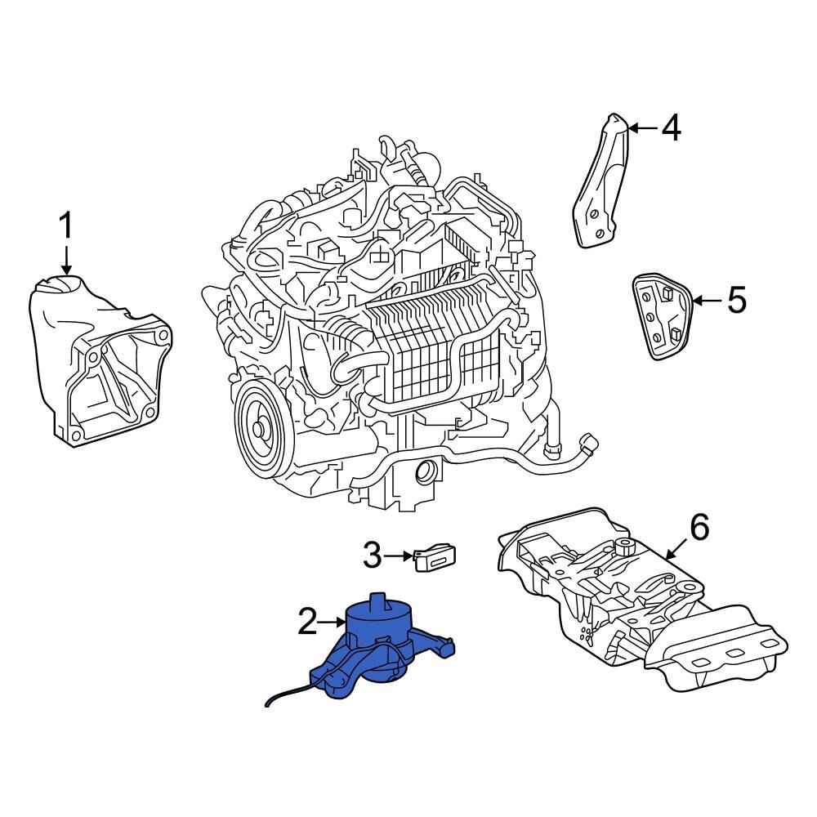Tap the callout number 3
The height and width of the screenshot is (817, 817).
tap(372, 557)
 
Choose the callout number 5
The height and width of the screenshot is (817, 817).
tap(736, 301)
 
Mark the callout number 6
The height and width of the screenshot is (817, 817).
tap(699, 527)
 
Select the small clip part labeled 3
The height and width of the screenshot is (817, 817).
tap(435, 558)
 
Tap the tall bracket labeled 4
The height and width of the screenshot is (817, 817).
tap(602, 184)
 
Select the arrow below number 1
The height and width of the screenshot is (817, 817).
tap(65, 261)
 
